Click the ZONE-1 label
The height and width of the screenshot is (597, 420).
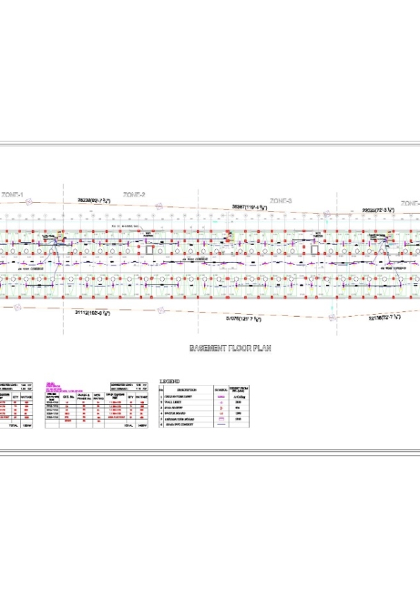tap(12, 196)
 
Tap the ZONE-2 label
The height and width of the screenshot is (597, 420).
tap(134, 195)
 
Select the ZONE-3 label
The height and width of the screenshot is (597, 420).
tap(280, 200)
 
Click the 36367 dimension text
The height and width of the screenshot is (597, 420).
tap(249, 206)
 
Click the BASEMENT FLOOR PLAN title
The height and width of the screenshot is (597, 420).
tap(230, 349)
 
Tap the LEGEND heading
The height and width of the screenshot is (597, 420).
tap(170, 380)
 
